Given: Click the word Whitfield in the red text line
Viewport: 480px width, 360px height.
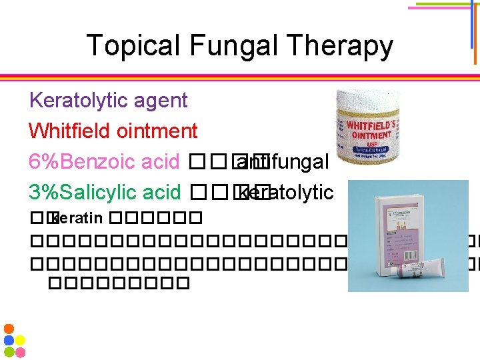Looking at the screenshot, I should [70, 131].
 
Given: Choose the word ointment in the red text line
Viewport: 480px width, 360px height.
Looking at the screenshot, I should [157, 131].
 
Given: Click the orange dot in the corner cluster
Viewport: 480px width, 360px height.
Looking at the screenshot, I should [9, 329].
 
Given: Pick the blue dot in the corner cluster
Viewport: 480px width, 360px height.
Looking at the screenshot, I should [9, 340].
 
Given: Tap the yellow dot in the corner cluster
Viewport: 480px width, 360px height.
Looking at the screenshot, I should [20, 340].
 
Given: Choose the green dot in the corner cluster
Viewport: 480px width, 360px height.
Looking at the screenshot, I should [9, 351].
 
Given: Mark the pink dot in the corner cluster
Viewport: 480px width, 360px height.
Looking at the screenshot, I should [20, 351].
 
